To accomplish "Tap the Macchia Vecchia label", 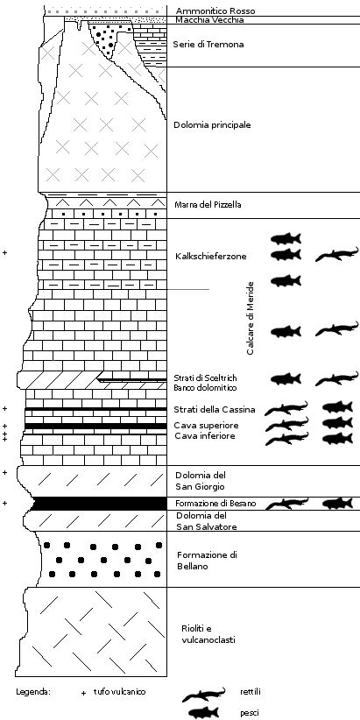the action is pyautogui.click(x=210, y=20).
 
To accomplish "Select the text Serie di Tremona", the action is pyautogui.click(x=208, y=45).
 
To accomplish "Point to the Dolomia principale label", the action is pyautogui.click(x=212, y=125).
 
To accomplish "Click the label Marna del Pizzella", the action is pyautogui.click(x=208, y=205).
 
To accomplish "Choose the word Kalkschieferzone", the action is pyautogui.click(x=211, y=257).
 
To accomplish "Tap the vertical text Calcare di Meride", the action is pyautogui.click(x=251, y=318).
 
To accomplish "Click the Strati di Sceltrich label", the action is pyautogui.click(x=205, y=378).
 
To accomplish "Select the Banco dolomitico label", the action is pyautogui.click(x=205, y=388).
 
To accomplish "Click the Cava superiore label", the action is pyautogui.click(x=205, y=425).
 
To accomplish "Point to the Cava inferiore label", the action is pyautogui.click(x=205, y=435).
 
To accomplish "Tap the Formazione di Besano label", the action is pyautogui.click(x=215, y=504).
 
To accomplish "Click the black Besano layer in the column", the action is pyautogui.click(x=99, y=504).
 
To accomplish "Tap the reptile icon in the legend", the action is pyautogui.click(x=204, y=695).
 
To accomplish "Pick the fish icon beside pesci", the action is pyautogui.click(x=203, y=713).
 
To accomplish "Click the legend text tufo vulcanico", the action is pyautogui.click(x=119, y=691).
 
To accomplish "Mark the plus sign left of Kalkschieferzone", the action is pyautogui.click(x=5, y=252).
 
